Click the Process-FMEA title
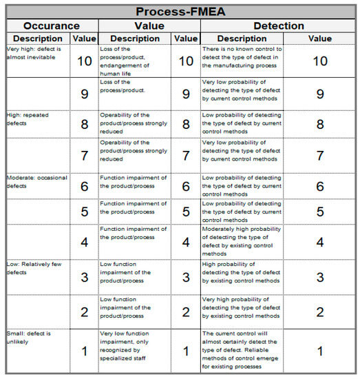point(180,12)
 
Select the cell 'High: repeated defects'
point(31,119)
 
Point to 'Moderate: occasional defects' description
point(37,182)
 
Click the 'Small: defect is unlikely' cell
point(32,338)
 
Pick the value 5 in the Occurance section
point(84,213)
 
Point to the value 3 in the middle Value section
point(186,278)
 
